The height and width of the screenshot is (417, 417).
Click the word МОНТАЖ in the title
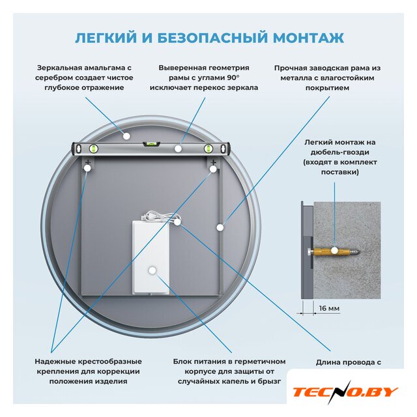coord(308,38)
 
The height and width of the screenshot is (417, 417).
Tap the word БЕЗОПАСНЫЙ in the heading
coord(212,38)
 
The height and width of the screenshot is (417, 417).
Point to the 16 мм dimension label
coord(329,308)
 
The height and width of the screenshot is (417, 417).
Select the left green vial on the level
coord(93,149)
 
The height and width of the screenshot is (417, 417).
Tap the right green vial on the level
coord(208,149)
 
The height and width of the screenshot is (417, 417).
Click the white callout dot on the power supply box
coord(152,270)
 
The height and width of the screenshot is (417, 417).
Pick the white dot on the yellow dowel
coord(334,250)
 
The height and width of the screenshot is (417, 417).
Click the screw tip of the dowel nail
coord(358,251)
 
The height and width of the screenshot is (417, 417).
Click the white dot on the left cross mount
coord(87,168)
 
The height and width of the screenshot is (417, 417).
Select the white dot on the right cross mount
coord(213,169)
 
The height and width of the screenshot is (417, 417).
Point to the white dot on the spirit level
coord(178,149)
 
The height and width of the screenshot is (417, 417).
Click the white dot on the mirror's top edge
coord(126,136)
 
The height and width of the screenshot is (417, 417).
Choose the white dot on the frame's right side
coord(220,227)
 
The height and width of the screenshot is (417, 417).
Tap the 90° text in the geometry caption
coord(233,78)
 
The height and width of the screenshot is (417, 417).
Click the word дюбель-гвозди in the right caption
coord(340,152)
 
